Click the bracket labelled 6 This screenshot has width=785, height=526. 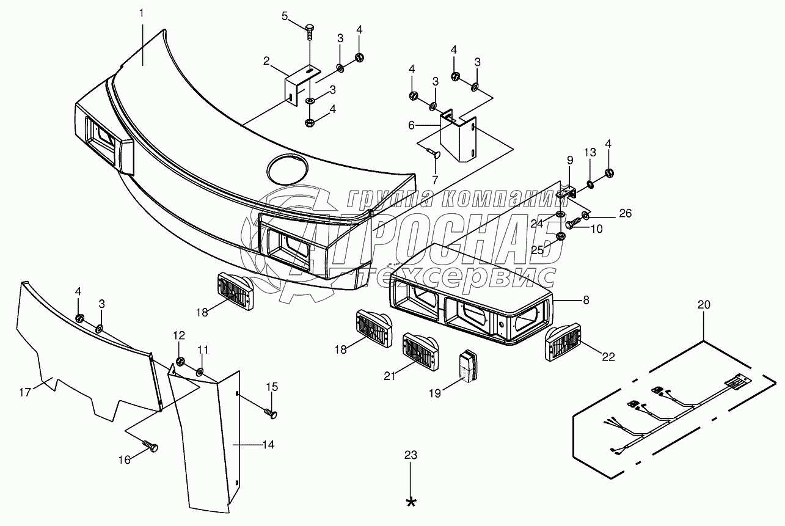[x=462, y=137]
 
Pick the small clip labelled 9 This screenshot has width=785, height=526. [x=568, y=192]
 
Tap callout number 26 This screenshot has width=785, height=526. [x=625, y=214]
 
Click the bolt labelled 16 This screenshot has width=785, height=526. [x=150, y=447]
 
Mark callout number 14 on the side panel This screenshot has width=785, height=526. [x=267, y=445]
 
